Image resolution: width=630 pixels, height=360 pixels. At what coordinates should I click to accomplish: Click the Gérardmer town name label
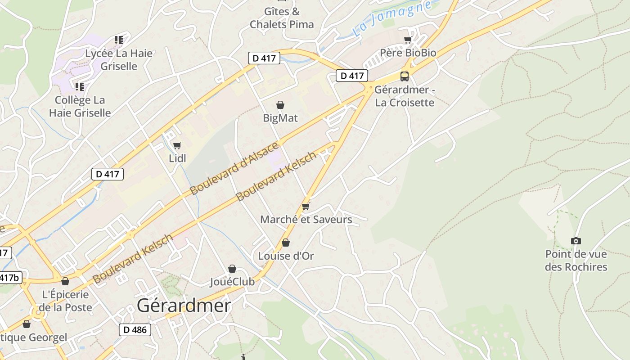coord(184,306)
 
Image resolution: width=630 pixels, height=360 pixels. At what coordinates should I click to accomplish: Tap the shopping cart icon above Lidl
coord(177,145)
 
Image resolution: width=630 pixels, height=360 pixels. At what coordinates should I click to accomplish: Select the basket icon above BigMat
coord(280,105)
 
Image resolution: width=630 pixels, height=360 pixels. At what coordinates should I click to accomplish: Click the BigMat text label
coord(280,118)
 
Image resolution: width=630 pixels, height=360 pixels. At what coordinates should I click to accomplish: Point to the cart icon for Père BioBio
coord(408,40)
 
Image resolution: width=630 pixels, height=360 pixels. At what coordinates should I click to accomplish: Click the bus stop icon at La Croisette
coord(404,76)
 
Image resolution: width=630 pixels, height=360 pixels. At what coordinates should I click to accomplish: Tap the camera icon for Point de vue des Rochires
coord(576,241)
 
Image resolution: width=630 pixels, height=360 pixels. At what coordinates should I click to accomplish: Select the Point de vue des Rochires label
coord(576,261)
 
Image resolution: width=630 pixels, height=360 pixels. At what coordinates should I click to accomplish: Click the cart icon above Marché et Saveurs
coord(306,207)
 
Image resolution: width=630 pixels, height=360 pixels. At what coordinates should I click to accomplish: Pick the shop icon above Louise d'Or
coord(286,243)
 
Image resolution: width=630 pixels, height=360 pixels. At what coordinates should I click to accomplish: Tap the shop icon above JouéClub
coord(232,269)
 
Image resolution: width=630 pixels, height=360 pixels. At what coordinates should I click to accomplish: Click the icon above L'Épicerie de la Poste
coord(65,281)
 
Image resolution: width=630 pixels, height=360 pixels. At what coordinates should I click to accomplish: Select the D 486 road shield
coord(135,330)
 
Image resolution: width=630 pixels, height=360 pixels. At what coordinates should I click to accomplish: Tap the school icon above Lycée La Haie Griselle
coord(119,40)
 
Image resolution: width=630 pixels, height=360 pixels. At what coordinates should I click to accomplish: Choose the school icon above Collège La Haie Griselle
coord(80,86)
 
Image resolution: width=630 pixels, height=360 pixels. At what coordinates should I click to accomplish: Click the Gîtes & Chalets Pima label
coord(282,18)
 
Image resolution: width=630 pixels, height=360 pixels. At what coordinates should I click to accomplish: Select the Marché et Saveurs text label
coord(306,220)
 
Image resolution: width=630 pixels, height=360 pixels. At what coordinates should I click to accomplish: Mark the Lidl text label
coord(177,158)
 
